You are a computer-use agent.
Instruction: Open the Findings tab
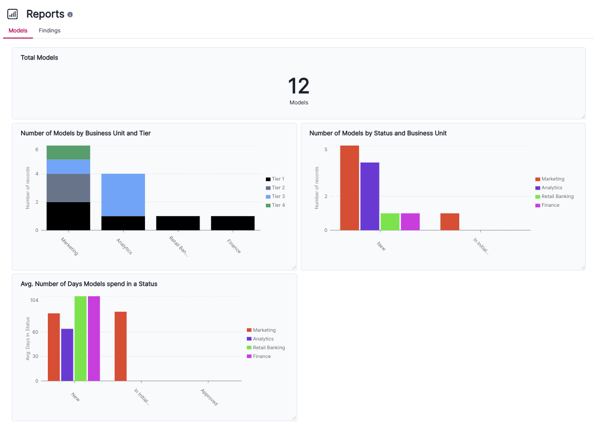[x=49, y=31]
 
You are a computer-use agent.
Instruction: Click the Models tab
[x=18, y=31]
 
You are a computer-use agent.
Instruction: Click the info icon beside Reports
[x=70, y=15]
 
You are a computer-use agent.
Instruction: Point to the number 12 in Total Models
[x=298, y=86]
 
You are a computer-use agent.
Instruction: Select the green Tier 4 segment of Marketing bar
[x=68, y=152]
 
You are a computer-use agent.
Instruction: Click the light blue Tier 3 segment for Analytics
[x=123, y=194]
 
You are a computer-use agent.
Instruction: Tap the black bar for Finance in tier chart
[x=232, y=223]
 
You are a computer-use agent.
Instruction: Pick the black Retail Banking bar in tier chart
[x=178, y=223]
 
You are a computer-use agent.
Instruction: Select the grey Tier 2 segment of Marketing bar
[x=68, y=188]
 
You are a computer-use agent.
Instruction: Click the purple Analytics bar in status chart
[x=370, y=196]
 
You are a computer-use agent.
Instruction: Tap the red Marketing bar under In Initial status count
[x=449, y=222]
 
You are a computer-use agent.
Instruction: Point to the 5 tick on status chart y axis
[x=326, y=150]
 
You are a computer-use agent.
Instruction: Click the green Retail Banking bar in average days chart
[x=80, y=338]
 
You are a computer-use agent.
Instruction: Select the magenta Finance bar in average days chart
[x=94, y=338]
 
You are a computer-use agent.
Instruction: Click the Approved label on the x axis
[x=209, y=397]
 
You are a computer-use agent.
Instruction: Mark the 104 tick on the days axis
[x=34, y=300]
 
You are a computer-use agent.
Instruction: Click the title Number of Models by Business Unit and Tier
[x=85, y=133]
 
